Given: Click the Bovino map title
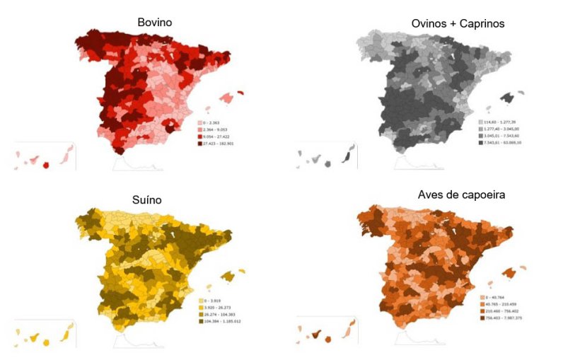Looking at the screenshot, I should (154, 23).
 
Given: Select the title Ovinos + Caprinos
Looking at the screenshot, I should (458, 24).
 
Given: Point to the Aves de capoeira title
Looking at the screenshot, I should (461, 194).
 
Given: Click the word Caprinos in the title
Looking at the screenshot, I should (480, 24).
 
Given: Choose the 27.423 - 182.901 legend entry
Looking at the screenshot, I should (221, 144).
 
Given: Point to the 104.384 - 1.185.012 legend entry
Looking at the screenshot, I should (221, 321).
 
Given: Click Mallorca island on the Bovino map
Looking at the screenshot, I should (227, 98).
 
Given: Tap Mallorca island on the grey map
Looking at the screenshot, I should (507, 98).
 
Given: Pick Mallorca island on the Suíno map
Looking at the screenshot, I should (228, 276).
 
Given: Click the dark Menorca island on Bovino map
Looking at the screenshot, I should (241, 92).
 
